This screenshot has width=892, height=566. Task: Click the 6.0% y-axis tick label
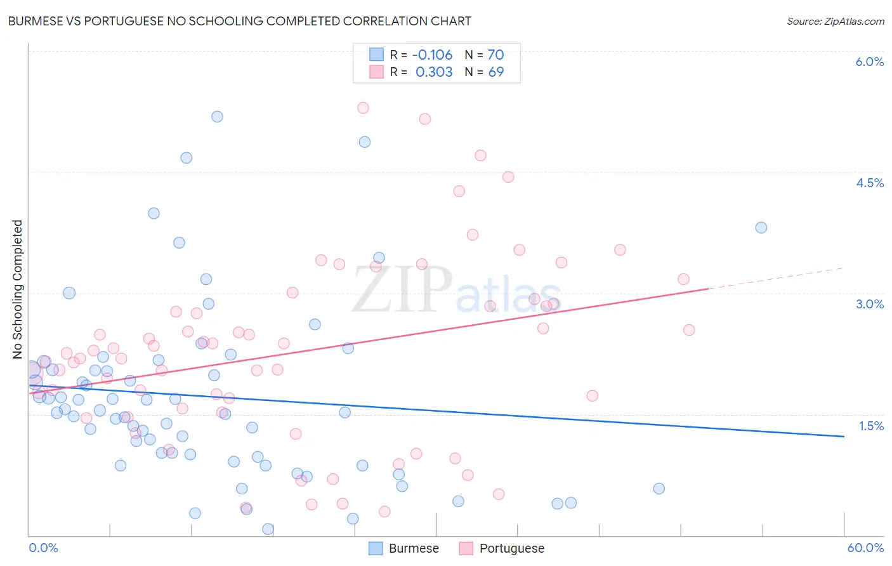coord(869,62)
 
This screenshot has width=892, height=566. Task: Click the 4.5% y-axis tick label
coord(869,183)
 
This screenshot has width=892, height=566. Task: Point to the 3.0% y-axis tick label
coord(869,304)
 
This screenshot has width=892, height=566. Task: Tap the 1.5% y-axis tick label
coord(871,426)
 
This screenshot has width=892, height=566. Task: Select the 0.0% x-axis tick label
coord(43,548)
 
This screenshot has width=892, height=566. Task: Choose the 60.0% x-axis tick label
coord(865,548)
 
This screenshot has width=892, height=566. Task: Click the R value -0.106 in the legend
coord(432,55)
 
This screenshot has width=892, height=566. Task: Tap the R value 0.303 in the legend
coord(434,72)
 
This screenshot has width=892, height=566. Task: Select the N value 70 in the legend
coord(495,55)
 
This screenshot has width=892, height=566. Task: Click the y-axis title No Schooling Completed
coord(17,289)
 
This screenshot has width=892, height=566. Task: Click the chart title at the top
coord(239,21)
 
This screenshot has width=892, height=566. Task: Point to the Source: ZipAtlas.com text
coord(835,21)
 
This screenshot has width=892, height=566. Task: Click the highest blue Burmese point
coord(217,116)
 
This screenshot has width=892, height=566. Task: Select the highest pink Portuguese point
coord(363,108)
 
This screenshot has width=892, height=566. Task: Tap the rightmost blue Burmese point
coord(761,228)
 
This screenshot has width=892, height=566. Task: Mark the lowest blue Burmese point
coord(268,529)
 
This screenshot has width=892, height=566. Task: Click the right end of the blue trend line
coord(844,437)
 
